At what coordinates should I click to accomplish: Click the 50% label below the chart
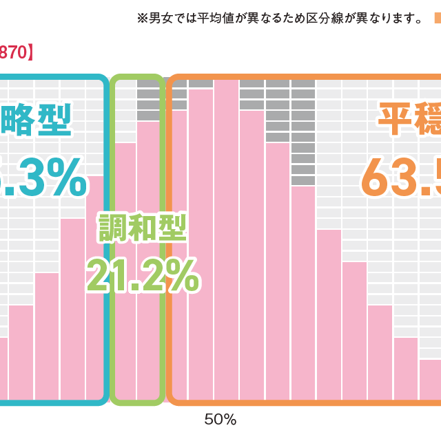[x=220, y=419]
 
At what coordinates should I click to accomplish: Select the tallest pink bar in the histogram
[x=226, y=241]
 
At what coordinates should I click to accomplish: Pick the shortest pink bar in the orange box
[x=431, y=378]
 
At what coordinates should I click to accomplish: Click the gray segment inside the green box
[x=148, y=100]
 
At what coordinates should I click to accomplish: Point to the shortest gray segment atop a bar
[x=201, y=84]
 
